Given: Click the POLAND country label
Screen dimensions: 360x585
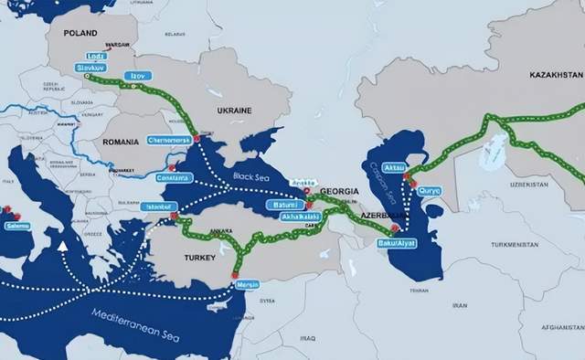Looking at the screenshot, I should (x=80, y=33).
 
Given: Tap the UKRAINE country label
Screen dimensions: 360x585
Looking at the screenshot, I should (x=233, y=110).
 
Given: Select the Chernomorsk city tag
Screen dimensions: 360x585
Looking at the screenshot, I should (x=169, y=141).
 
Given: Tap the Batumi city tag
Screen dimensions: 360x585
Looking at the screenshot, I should (x=286, y=208).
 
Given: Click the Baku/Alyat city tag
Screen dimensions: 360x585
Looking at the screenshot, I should (x=396, y=244).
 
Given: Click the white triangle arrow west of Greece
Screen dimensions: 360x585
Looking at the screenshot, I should (x=62, y=245).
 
